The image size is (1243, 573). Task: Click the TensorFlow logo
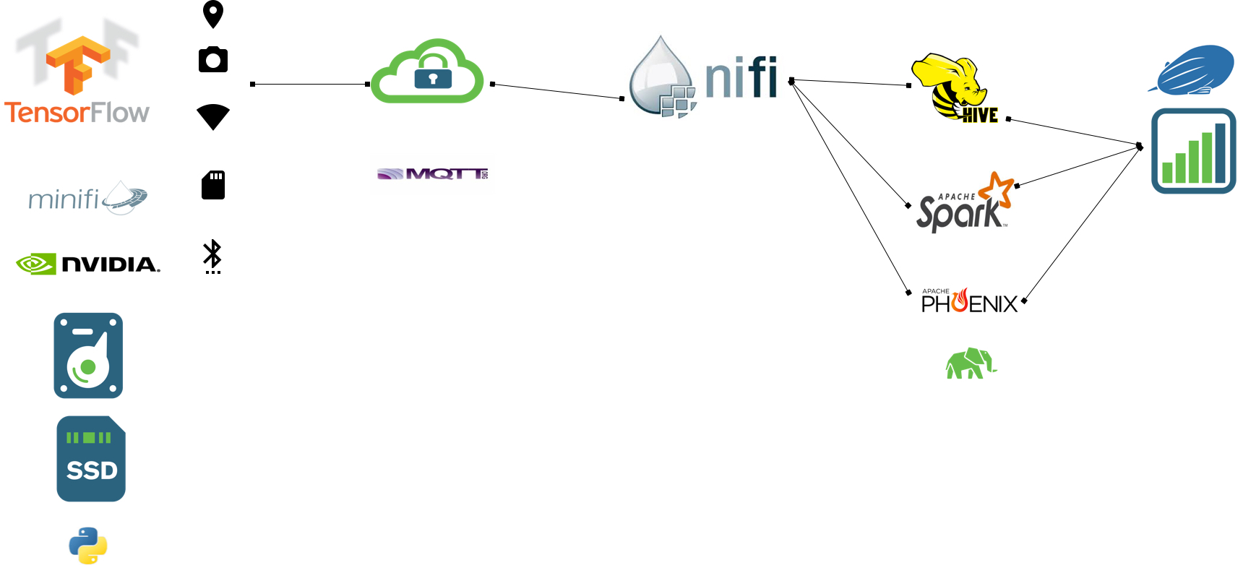(x=77, y=72)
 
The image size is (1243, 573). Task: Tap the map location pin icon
(x=213, y=14)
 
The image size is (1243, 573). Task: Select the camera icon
(x=213, y=59)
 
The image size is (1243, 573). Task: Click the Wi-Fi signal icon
(x=213, y=116)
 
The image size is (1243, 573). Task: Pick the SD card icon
(x=213, y=185)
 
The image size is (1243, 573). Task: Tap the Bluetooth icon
(x=212, y=255)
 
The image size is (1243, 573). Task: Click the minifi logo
(x=87, y=198)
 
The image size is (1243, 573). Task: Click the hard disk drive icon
(x=88, y=356)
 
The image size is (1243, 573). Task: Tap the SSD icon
(x=91, y=459)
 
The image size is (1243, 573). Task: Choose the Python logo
(x=88, y=546)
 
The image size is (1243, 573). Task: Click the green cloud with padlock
(x=427, y=72)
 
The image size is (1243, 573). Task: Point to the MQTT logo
(x=432, y=174)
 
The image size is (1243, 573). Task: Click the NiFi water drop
(x=661, y=78)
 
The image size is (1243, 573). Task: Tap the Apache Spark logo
(x=964, y=204)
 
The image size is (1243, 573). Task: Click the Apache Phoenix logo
(x=969, y=301)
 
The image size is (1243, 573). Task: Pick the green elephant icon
(x=971, y=363)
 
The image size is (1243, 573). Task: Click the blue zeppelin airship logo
(x=1194, y=70)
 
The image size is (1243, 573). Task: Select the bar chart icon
(x=1193, y=151)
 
